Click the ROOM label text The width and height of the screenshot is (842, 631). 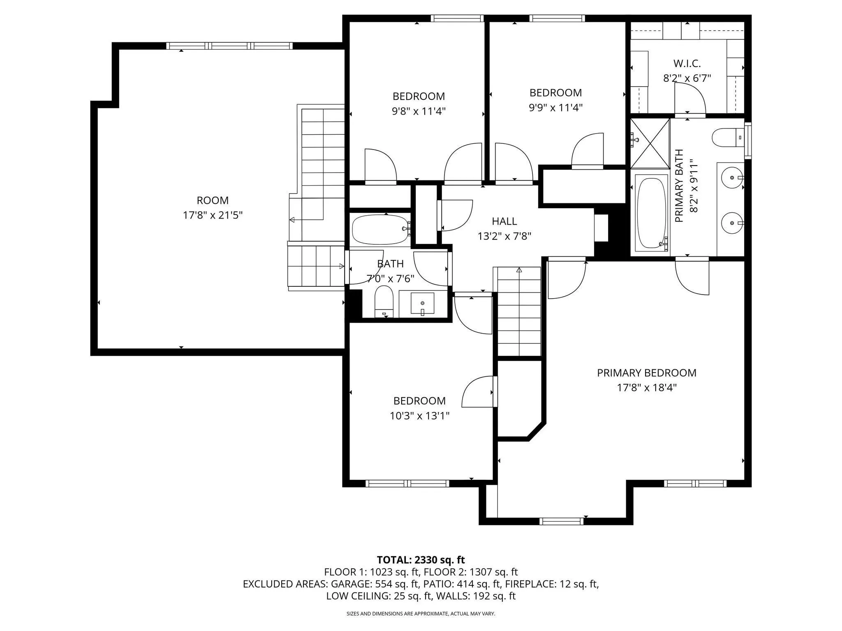(x=213, y=200)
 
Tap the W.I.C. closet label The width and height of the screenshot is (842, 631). (x=687, y=64)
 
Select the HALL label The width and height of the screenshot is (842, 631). (x=504, y=221)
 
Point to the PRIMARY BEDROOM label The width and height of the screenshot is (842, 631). (x=647, y=373)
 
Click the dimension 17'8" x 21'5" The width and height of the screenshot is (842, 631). (x=213, y=215)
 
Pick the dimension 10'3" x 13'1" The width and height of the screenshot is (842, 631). (x=419, y=416)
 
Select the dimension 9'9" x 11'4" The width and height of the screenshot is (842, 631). (x=556, y=108)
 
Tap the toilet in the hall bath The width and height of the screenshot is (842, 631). (x=384, y=302)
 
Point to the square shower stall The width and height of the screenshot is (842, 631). (x=650, y=143)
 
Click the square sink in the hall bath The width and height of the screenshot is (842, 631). (x=422, y=304)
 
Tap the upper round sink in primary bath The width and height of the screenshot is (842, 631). (x=733, y=178)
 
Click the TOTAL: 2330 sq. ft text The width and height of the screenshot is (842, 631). (x=421, y=560)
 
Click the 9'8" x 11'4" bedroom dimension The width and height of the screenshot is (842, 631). (x=419, y=111)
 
